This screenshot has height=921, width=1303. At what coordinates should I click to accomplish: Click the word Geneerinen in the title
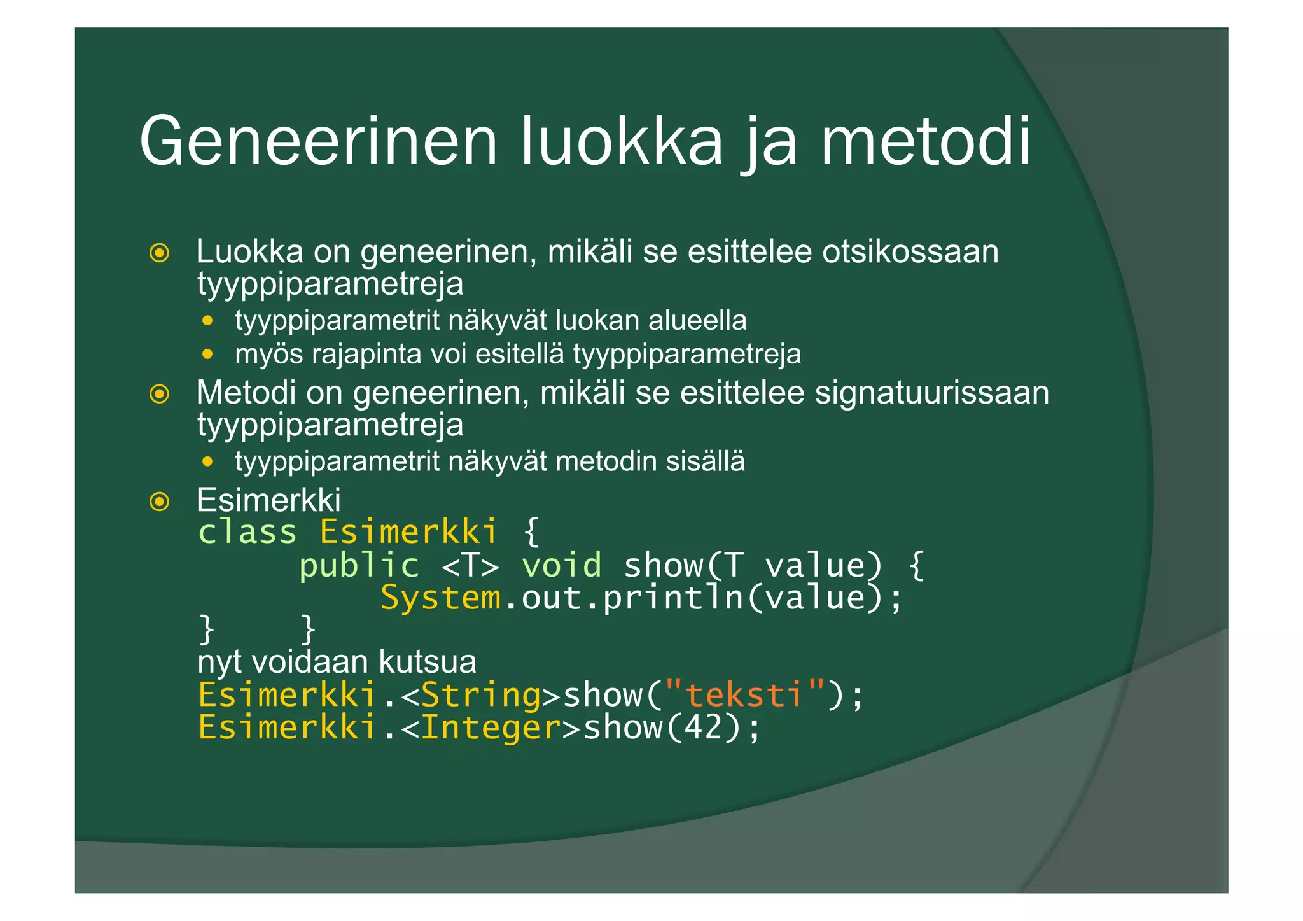tap(317, 141)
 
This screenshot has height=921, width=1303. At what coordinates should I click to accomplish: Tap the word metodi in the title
tap(925, 141)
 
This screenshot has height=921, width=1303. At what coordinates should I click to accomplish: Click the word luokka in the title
tap(622, 141)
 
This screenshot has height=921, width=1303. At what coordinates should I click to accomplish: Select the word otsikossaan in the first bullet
tap(910, 251)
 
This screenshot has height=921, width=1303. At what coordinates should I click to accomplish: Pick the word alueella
tap(697, 320)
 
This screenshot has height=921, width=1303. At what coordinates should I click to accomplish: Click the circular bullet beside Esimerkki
tap(159, 502)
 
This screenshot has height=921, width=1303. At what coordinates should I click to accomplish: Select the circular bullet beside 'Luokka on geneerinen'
tap(159, 253)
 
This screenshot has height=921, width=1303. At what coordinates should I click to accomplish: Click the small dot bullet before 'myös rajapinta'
tap(207, 354)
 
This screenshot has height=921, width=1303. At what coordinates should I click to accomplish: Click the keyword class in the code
tap(247, 532)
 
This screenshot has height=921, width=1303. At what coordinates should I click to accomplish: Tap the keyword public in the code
tap(359, 565)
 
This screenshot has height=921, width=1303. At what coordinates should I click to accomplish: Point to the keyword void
tap(561, 565)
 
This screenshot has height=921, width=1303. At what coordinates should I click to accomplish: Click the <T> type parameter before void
tap(470, 565)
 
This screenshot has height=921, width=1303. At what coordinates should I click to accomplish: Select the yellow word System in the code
tap(440, 598)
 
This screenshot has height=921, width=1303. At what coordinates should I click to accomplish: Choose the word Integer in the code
tap(491, 727)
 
